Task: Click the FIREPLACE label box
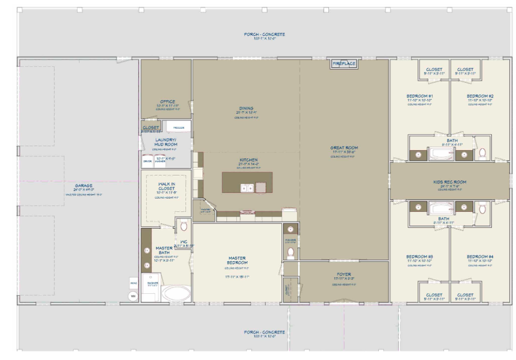tap(344, 64)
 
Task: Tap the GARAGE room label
tap(83, 186)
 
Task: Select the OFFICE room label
tap(168, 102)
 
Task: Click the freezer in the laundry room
tap(178, 127)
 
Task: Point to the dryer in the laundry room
tap(148, 160)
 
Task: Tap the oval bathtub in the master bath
tap(176, 293)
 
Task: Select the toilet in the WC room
tap(183, 226)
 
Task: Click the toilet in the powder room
tap(291, 253)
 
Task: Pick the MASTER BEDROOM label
tap(237, 261)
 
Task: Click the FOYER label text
tap(344, 275)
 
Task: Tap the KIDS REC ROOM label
tap(450, 182)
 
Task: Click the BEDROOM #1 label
tap(420, 97)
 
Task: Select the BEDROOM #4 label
tap(480, 257)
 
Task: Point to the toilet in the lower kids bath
tap(482, 208)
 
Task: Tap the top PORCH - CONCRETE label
tap(264, 34)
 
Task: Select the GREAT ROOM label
tap(344, 148)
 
